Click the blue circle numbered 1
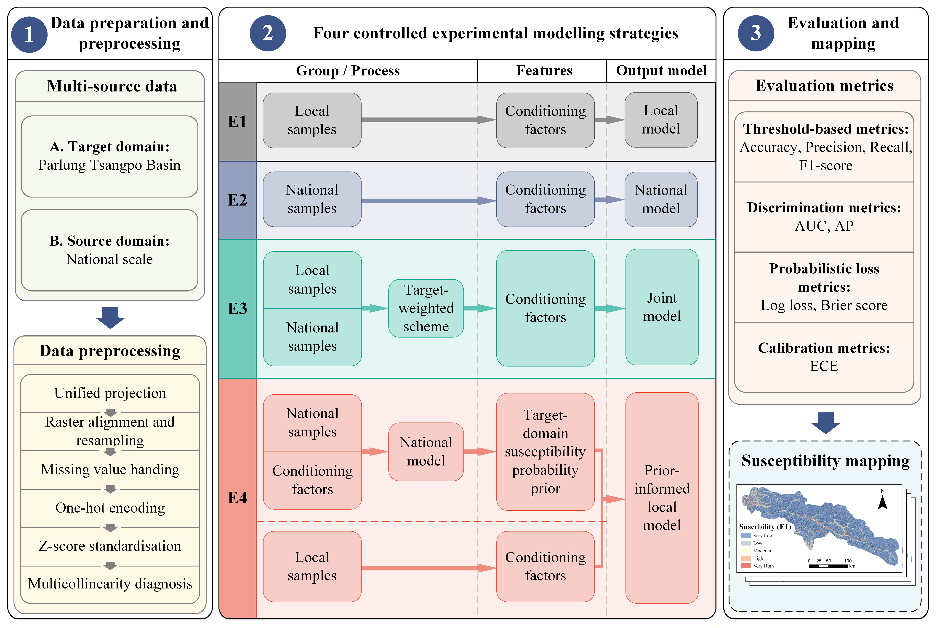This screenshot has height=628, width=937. coord(29,35)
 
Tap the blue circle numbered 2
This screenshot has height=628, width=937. coord(268,33)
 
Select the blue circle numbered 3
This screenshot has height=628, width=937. coord(756,33)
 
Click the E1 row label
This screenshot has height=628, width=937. coord(237,121)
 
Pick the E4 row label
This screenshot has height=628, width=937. coord(237,498)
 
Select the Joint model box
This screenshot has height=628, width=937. coord(662,307)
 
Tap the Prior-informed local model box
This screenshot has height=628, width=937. coord(662,498)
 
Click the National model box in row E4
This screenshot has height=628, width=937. coord(426,452)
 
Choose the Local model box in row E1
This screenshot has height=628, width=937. coord(661,120)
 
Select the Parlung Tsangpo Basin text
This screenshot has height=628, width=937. coord(109,165)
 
